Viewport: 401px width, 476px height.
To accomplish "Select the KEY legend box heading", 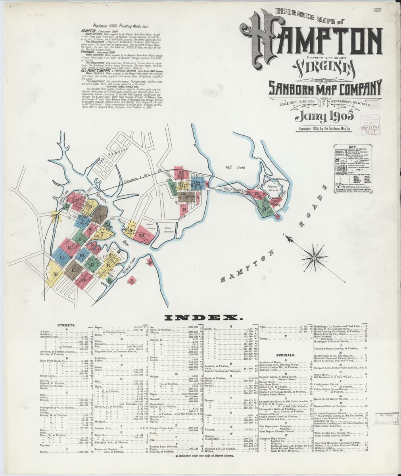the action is pyautogui.click(x=352, y=146).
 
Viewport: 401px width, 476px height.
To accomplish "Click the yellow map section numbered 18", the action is pyautogui.click(x=55, y=274).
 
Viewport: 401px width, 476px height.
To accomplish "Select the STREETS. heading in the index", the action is pyautogui.click(x=64, y=325).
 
